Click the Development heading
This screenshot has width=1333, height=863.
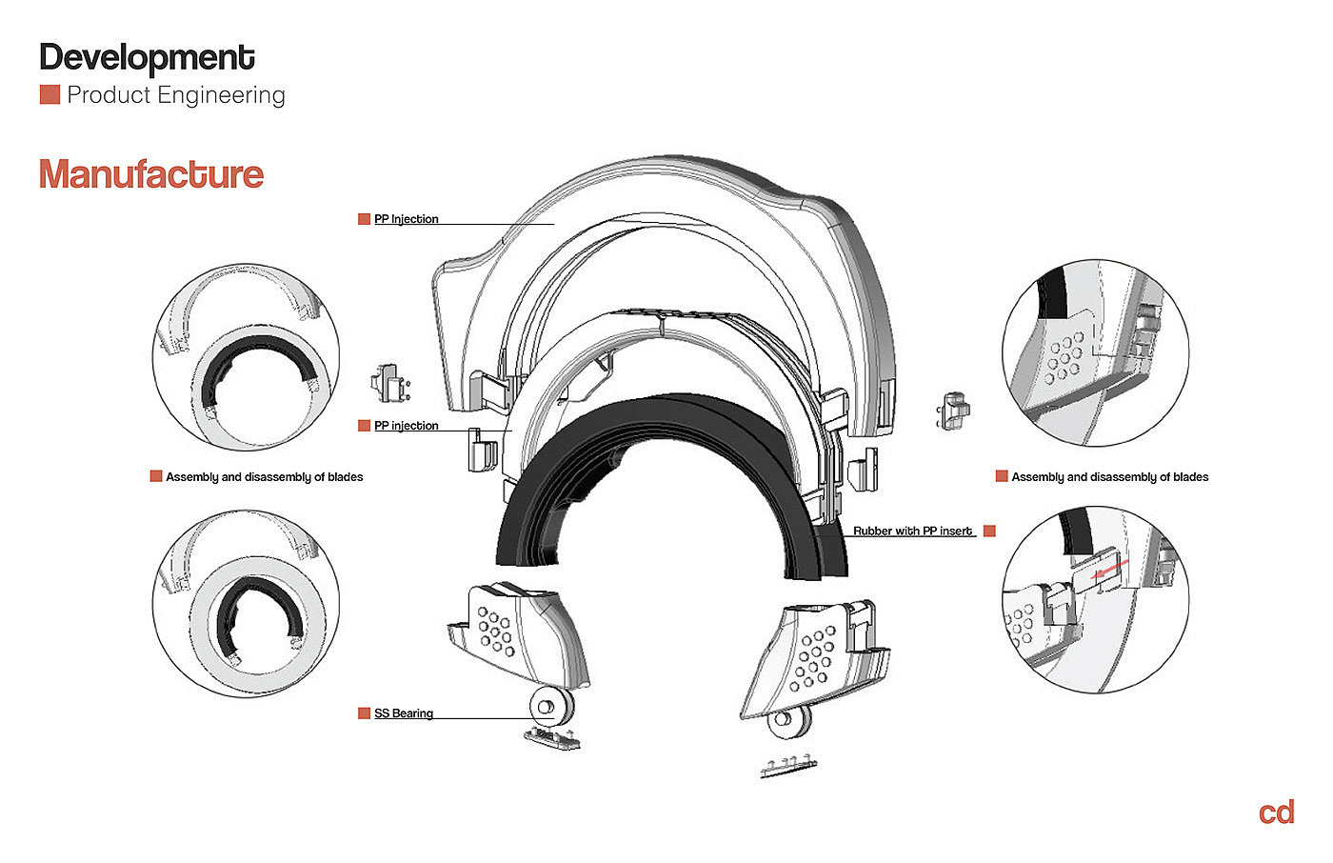[x=147, y=58]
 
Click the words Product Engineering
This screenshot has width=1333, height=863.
[x=176, y=95]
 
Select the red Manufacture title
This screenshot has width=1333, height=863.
[x=151, y=174]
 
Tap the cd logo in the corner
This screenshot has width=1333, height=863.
[x=1276, y=813]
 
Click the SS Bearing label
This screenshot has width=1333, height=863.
[x=404, y=713]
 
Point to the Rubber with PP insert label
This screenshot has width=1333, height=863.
[x=912, y=531]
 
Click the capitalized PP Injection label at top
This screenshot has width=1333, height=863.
[x=407, y=219]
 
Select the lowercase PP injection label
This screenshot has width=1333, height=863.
[x=407, y=426]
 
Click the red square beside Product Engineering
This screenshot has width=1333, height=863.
[x=50, y=95]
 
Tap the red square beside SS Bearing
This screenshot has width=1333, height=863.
[x=364, y=713]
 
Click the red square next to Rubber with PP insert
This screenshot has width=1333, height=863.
[x=989, y=531]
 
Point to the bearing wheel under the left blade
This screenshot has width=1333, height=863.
[x=549, y=707]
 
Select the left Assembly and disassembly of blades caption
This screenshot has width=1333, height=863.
[x=264, y=477]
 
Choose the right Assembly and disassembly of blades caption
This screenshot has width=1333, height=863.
[x=1109, y=477]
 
